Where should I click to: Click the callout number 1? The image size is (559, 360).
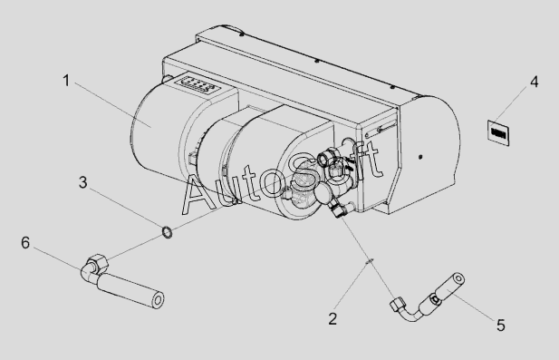click(66, 81)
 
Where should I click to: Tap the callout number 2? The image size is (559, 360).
click(333, 318)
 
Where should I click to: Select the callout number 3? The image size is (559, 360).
click(82, 182)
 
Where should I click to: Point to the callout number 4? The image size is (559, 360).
click(534, 82)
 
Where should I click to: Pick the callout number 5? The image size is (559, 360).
click(501, 326)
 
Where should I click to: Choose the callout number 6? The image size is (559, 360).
click(25, 243)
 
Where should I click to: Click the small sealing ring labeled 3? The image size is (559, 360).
click(168, 232)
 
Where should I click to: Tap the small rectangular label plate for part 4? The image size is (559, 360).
click(498, 133)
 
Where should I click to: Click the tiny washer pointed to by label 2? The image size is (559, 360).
click(370, 261)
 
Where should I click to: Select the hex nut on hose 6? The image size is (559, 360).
click(97, 262)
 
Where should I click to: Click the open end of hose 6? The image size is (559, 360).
click(158, 300)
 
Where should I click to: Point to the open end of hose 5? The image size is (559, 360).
click(458, 278)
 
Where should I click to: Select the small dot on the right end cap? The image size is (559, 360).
click(420, 157)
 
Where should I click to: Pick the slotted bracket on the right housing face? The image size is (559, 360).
click(381, 129)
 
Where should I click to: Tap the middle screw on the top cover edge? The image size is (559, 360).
click(316, 61)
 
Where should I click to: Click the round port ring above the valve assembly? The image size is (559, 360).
click(325, 157)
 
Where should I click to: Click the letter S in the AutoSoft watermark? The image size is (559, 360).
click(304, 176)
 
